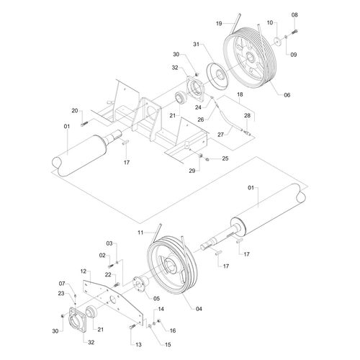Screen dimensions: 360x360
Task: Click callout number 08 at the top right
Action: pos(294,15)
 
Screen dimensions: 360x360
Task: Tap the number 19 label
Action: pos(219,24)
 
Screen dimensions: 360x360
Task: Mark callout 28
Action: pos(248,115)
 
